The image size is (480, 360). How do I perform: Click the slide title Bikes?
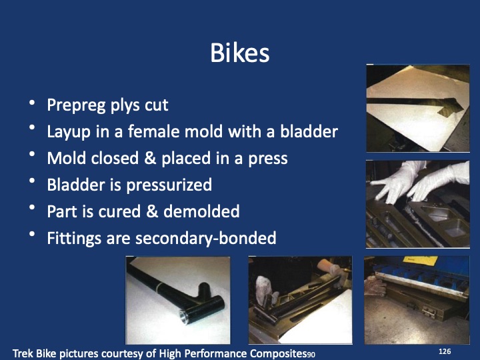[x=239, y=53]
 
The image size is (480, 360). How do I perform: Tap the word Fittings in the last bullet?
[x=73, y=238]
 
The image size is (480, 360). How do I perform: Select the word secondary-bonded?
[x=205, y=238]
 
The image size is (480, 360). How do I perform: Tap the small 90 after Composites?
[x=310, y=354]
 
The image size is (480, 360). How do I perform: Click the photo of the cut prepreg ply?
[x=418, y=108]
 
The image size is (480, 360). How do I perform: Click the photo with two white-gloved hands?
[x=418, y=203]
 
